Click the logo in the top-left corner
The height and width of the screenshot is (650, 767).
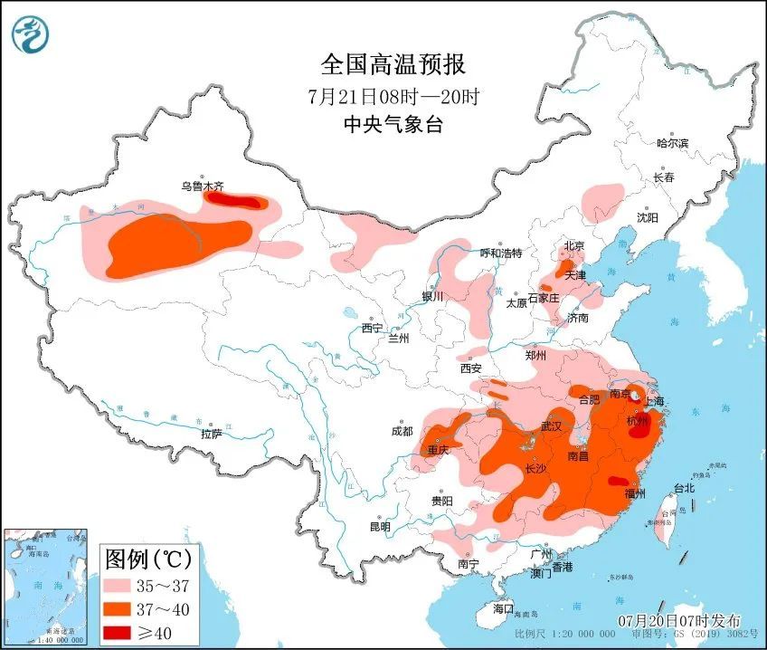point(31,35)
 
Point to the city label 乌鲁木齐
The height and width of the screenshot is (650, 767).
point(202,186)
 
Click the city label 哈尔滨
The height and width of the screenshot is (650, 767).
point(672,143)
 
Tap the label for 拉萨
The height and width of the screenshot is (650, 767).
point(211,435)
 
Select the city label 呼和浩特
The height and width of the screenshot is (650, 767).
point(500,253)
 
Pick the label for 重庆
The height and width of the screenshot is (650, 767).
point(439,450)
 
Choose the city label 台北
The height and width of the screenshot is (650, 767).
point(684,488)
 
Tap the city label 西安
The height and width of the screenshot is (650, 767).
point(471,368)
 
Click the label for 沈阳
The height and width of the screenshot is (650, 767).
point(647,218)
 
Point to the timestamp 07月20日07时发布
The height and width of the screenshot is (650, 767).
point(679,621)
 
